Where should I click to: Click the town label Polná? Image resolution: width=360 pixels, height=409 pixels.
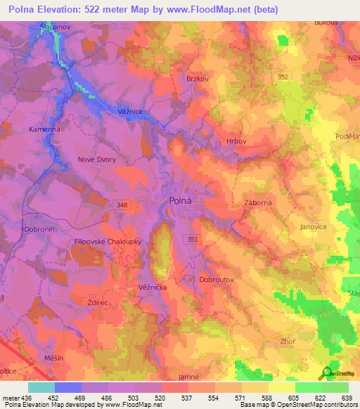click(182, 201)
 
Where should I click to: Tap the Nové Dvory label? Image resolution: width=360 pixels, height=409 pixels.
click(96, 160)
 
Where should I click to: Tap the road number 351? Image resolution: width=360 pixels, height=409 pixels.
click(193, 240)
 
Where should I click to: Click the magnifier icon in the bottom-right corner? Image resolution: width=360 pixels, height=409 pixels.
click(327, 373)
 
